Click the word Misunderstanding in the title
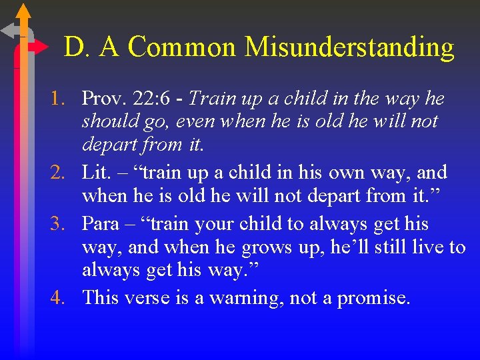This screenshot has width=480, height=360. click(349, 47)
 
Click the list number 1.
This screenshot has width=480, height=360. click(60, 99)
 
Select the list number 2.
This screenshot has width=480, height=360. click(60, 173)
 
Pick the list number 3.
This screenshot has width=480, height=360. click(60, 223)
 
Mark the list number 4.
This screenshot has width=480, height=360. click(60, 297)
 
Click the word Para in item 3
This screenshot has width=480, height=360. click(100, 223)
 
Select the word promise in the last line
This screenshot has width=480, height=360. click(373, 297)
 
